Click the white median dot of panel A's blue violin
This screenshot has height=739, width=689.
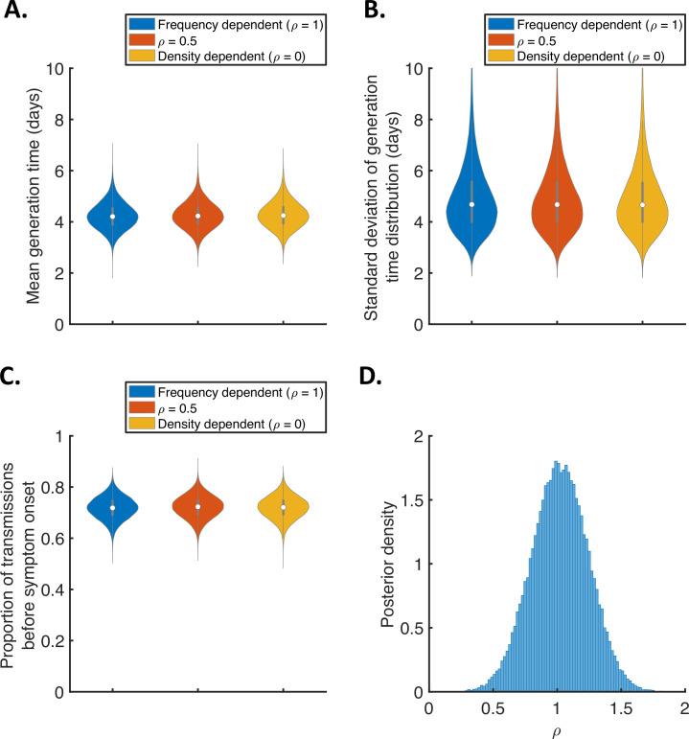113,217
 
